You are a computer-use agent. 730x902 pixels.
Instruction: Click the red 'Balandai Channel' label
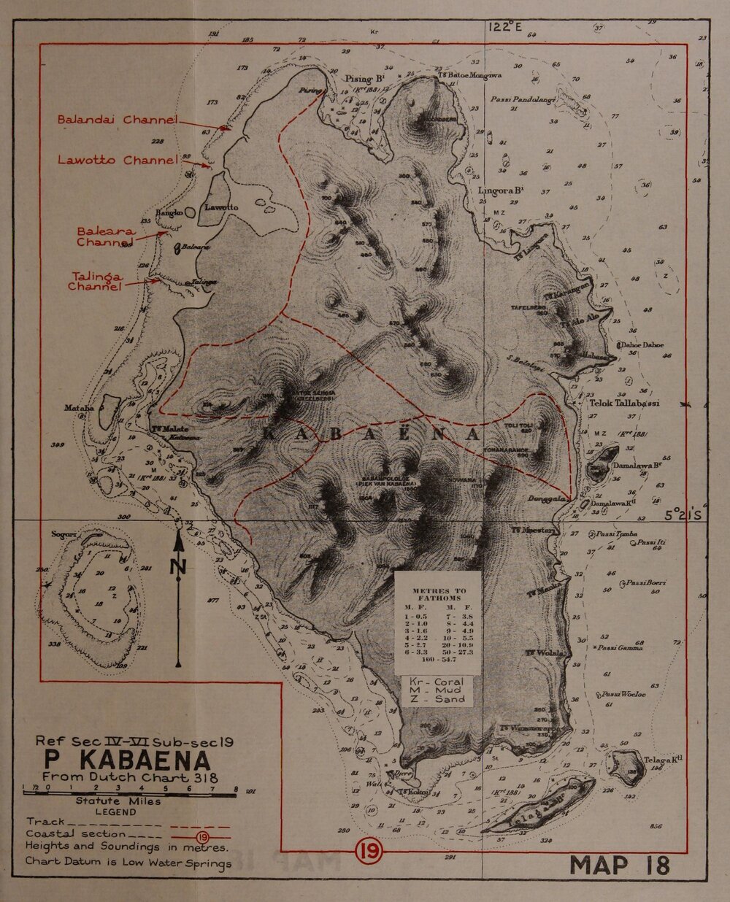[x=117, y=119]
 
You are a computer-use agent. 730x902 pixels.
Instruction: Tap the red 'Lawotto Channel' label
[x=118, y=160]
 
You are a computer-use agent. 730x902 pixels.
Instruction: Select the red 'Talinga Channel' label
[x=94, y=281]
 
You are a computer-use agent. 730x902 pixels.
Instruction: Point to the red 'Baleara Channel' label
[x=105, y=236]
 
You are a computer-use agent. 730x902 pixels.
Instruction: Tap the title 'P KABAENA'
[x=126, y=760]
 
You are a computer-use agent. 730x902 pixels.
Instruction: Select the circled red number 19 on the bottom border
[x=365, y=851]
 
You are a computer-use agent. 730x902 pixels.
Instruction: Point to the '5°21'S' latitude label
[x=683, y=514]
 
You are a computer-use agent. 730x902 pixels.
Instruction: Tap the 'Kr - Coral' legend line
[x=437, y=681]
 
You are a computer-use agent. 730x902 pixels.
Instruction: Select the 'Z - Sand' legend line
[x=437, y=698]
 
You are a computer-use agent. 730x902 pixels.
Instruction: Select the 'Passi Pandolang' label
[x=524, y=99]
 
